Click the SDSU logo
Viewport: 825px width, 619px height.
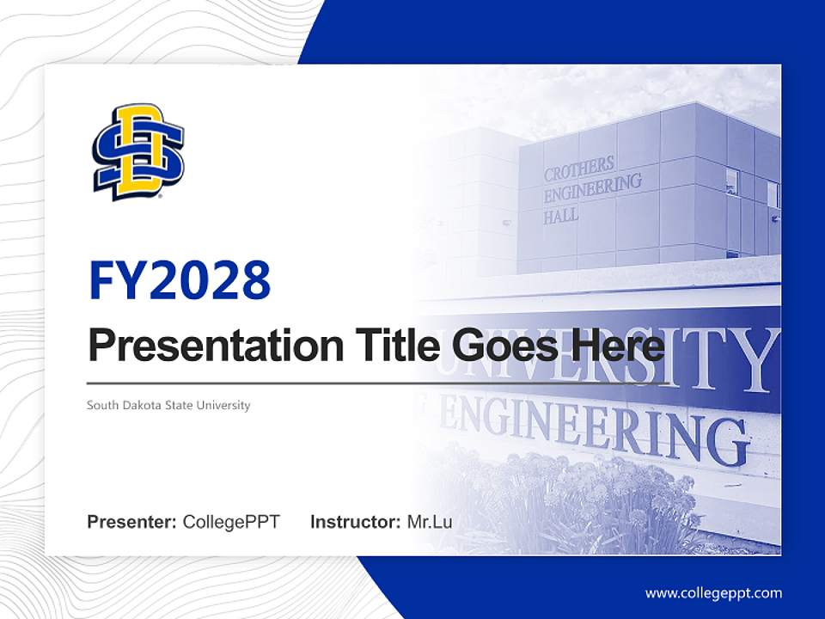(138, 152)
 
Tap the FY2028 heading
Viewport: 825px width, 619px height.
(179, 280)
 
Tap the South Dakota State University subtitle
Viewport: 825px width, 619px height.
(168, 405)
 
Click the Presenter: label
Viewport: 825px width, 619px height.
(131, 522)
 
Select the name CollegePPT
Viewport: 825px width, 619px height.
(231, 522)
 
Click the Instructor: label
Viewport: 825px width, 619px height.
(355, 522)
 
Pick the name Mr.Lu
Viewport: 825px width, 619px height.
(430, 522)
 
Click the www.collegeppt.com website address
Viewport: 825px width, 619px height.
(713, 592)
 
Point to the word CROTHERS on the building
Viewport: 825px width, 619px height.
(579, 167)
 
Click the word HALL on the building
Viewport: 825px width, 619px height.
(561, 217)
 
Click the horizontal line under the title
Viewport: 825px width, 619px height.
(378, 383)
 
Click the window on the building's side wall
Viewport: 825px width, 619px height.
(732, 181)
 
